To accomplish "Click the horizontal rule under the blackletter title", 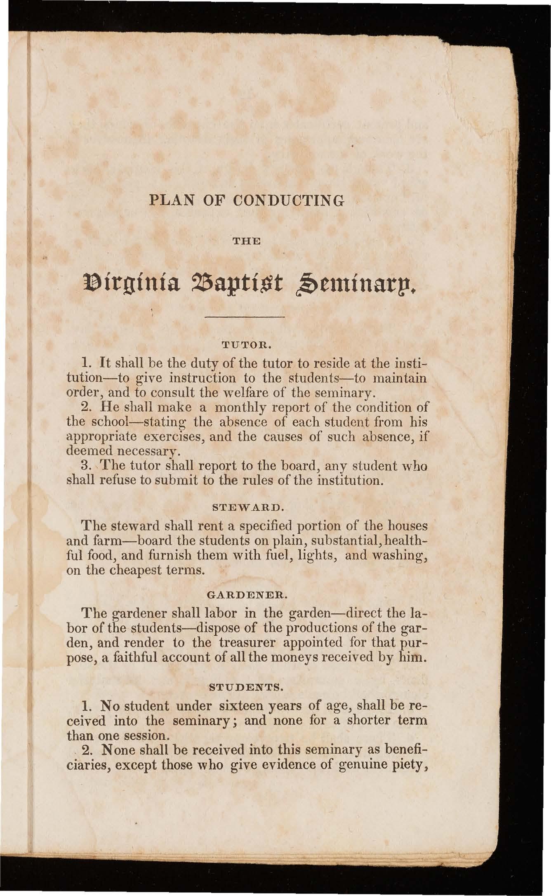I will (x=245, y=317).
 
